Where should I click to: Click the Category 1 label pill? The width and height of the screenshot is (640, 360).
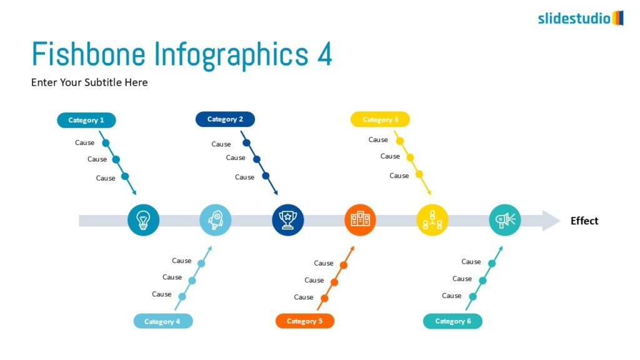pyautogui.click(x=86, y=120)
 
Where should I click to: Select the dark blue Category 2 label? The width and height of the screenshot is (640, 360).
pyautogui.click(x=225, y=119)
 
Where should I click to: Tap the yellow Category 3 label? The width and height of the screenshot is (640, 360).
pyautogui.click(x=380, y=119)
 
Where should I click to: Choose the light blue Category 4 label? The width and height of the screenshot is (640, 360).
pyautogui.click(x=163, y=321)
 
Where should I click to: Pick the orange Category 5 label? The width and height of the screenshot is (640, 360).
pyautogui.click(x=305, y=321)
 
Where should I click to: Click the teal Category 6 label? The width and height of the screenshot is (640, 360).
pyautogui.click(x=452, y=321)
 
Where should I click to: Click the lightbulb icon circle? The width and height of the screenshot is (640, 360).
pyautogui.click(x=143, y=220)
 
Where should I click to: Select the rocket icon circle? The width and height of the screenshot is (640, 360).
pyautogui.click(x=216, y=220)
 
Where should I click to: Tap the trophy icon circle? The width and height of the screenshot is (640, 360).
pyautogui.click(x=287, y=220)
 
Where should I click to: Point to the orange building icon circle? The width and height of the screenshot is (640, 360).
pyautogui.click(x=360, y=220)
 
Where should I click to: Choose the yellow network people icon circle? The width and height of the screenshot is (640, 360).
pyautogui.click(x=432, y=220)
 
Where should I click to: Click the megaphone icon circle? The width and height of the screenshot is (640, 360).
pyautogui.click(x=505, y=220)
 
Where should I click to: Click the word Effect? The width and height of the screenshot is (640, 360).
pyautogui.click(x=584, y=221)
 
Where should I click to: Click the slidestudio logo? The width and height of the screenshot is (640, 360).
pyautogui.click(x=581, y=18)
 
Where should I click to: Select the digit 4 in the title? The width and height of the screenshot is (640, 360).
pyautogui.click(x=325, y=54)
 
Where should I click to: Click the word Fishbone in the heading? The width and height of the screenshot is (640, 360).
pyautogui.click(x=89, y=54)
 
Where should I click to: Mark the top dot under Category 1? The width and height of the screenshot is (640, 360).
pyautogui.click(x=106, y=143)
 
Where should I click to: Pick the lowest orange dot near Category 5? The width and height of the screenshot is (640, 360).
pyautogui.click(x=324, y=298)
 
